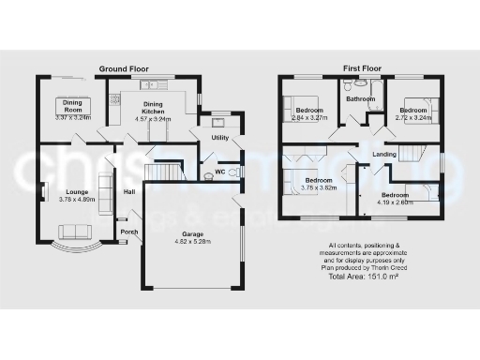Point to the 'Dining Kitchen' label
[153, 109]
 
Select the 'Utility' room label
[220, 138]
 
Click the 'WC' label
[219, 172]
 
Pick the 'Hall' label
[130, 192]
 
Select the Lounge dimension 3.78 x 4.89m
[77, 199]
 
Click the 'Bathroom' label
[360, 98]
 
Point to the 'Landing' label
[384, 154]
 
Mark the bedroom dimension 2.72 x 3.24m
[413, 118]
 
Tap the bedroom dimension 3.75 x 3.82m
[319, 187]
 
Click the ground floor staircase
[163, 172]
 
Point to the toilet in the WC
[207, 175]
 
